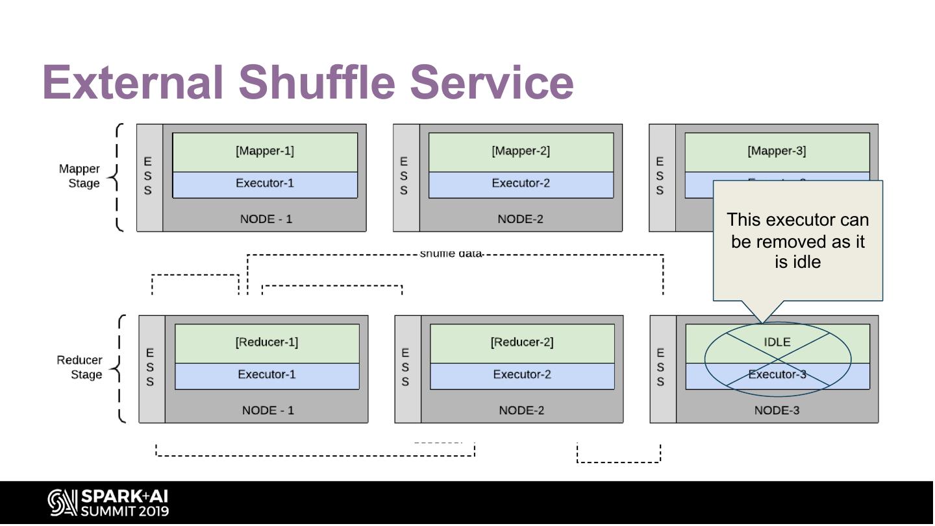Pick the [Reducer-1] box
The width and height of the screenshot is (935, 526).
point(267,342)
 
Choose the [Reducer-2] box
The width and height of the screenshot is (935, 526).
point(522,342)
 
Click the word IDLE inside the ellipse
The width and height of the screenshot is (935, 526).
point(777,342)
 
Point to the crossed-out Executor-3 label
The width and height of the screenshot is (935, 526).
point(777,375)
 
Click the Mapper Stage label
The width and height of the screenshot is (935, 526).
point(80,176)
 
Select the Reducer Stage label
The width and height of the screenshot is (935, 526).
point(80,368)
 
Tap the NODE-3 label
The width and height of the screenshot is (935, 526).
point(777,411)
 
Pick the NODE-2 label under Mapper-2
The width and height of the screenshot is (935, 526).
point(520,219)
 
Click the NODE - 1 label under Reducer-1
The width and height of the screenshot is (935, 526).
point(268,411)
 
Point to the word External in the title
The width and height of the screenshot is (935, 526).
point(133,83)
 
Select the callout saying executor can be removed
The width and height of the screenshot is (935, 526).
point(797,241)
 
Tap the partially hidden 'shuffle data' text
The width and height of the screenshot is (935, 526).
point(451,254)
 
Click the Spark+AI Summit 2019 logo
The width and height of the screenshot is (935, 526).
point(108,503)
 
